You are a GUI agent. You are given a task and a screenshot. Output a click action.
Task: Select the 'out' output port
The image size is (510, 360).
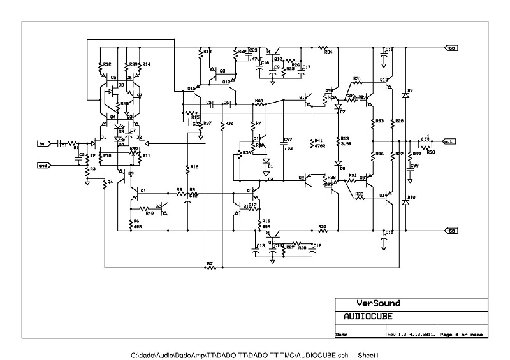(449, 141)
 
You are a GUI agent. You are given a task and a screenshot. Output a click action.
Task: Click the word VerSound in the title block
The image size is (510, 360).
(378, 304)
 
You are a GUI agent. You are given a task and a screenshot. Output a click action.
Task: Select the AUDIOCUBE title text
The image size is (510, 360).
(368, 316)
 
